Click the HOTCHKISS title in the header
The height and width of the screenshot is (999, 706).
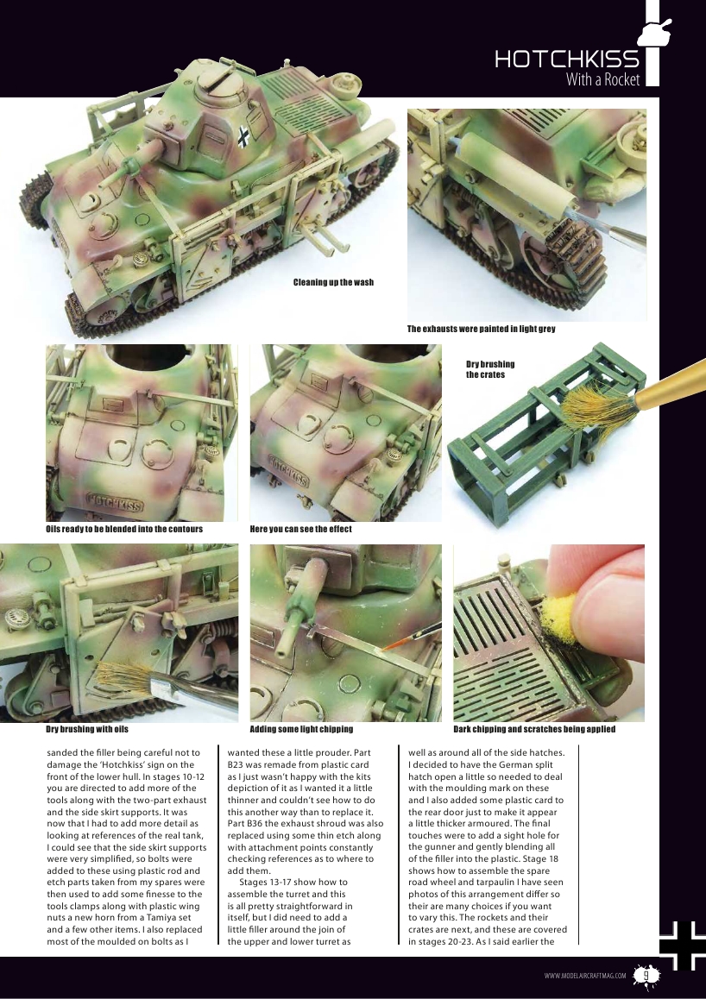pos(566,60)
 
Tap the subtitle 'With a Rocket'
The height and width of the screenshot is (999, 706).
pos(602,80)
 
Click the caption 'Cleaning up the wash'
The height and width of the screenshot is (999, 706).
pos(333,282)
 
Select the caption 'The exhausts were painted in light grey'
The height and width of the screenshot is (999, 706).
pos(481,329)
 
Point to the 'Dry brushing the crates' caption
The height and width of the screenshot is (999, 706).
pos(489,369)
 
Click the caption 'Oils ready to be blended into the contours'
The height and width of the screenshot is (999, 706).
pos(123,529)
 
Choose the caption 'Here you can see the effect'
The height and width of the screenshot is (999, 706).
pos(300,529)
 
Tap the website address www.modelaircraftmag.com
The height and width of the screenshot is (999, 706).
pos(585,976)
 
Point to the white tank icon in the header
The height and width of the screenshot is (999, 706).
pos(653,32)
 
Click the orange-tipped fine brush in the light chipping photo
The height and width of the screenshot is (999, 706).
pos(399,642)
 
